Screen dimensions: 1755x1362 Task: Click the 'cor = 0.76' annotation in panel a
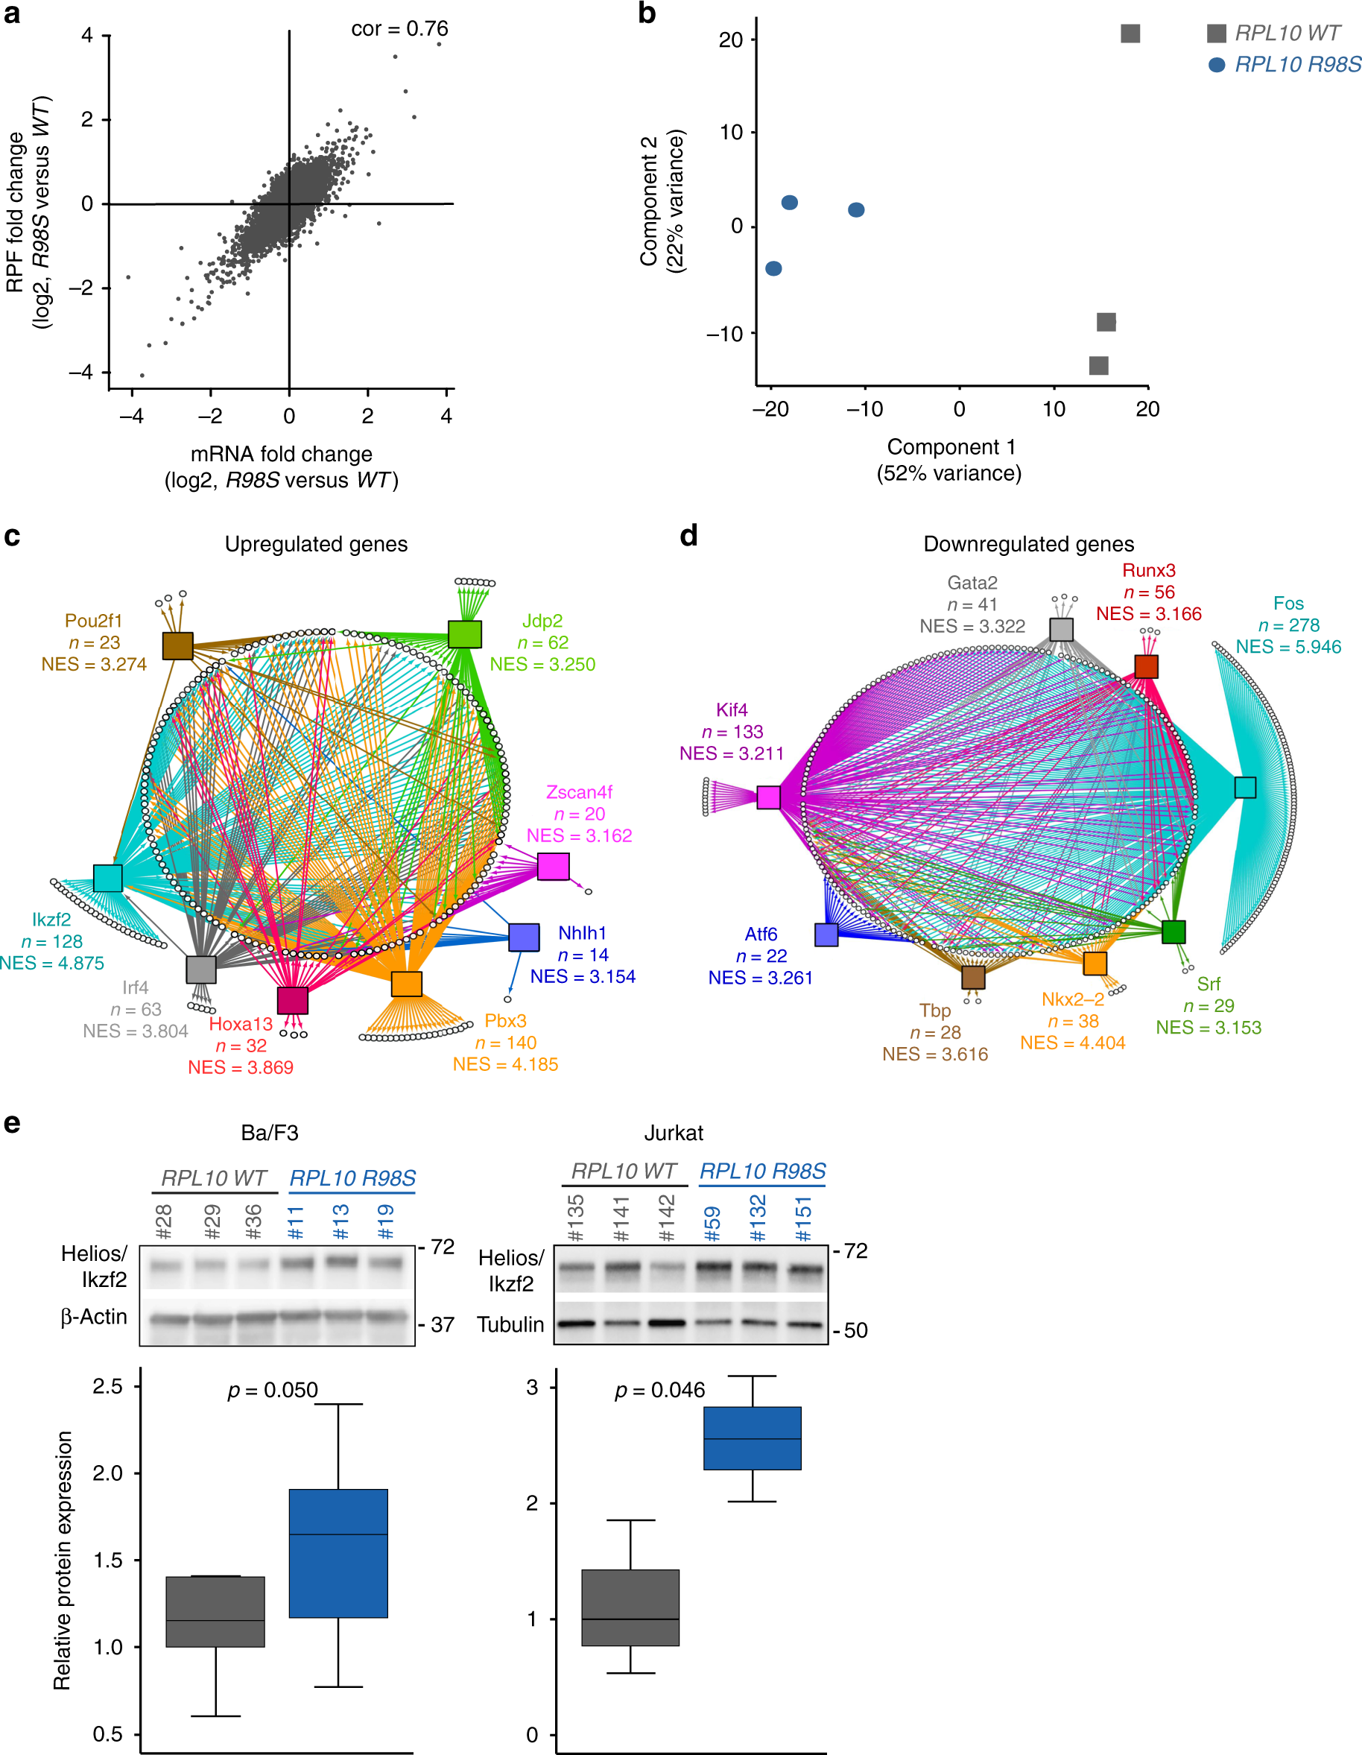399,29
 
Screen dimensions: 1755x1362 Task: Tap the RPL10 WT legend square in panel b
1216,33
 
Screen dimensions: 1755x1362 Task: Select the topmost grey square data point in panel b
1130,33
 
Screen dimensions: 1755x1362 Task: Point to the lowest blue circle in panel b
773,268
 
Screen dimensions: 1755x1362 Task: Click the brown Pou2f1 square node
177,645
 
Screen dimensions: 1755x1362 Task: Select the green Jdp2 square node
464,634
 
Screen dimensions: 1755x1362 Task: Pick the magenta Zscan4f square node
553,866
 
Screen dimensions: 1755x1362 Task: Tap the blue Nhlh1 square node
524,937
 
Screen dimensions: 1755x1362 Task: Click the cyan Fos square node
1245,787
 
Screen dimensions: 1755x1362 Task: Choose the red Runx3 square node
1146,666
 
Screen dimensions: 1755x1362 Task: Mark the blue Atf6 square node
826,935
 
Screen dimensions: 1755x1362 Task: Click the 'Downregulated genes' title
1028,544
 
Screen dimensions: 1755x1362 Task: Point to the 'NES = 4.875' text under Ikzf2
52,963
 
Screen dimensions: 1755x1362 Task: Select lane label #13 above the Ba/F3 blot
340,1221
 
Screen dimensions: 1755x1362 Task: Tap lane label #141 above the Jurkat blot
621,1218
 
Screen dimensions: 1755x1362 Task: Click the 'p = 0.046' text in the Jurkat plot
659,1390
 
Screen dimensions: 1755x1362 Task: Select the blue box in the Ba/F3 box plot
338,1552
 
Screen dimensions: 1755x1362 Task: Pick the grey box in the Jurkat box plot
630,1607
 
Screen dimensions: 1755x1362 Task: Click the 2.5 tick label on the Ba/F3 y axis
108,1386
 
